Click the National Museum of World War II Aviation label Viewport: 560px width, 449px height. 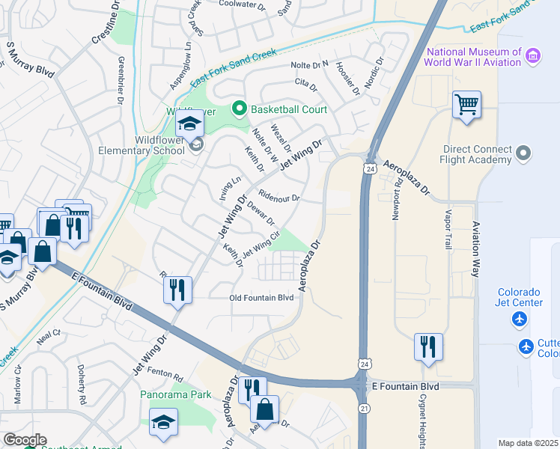(x=473, y=57)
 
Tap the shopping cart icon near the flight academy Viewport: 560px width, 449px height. (x=466, y=106)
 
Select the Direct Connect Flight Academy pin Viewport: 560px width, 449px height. (x=523, y=154)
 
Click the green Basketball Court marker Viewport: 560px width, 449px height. (x=240, y=109)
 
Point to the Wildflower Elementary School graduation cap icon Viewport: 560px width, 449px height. (x=190, y=124)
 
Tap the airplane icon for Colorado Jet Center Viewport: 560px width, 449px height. (x=519, y=320)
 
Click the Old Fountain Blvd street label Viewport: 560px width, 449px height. (x=261, y=297)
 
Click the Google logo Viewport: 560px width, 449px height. (x=25, y=440)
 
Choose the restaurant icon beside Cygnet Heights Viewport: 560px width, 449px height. (x=428, y=346)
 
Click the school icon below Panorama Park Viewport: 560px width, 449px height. (x=163, y=423)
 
